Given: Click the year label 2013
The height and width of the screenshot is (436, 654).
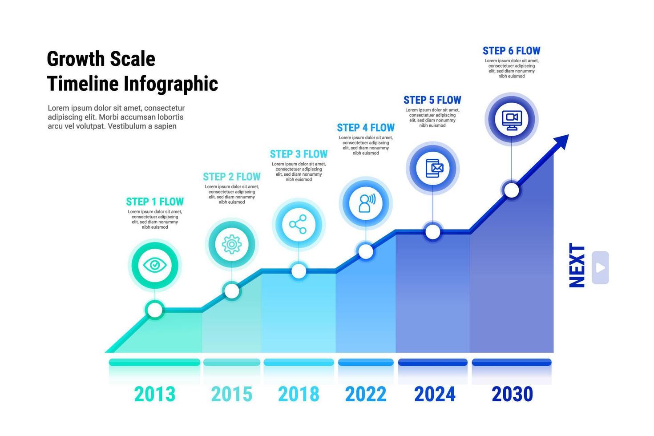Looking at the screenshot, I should coord(155,394).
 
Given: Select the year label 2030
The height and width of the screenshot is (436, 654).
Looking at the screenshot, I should coord(512,394).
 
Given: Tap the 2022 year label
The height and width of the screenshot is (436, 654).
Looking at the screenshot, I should coord(366,394).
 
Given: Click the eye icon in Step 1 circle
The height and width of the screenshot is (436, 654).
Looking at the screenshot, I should coord(155,266).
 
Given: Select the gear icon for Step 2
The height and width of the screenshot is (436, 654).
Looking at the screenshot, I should coord(231,244).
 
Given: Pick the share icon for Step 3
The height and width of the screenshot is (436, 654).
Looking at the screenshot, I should coord(298,224).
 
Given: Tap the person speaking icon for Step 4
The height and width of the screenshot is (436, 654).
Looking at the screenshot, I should coord(366,203).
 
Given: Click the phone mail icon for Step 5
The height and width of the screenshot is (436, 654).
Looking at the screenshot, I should coord(433,168).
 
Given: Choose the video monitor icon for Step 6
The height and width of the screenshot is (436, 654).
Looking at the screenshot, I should coord(512,119).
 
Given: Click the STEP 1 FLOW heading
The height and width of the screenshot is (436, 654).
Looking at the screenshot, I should coord(155,202).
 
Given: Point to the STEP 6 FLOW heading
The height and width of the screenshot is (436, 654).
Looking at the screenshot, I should coord(512,51).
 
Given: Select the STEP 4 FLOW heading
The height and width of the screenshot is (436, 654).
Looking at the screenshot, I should coord(366,128).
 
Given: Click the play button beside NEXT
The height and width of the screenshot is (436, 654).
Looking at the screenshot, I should coord(600,268).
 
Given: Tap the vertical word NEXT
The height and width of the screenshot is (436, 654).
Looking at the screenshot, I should coord(577,266).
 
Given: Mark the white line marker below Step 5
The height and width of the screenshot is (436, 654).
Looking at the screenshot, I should coord(433,232).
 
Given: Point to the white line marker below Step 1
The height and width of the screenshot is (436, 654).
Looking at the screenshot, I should coord(155,309).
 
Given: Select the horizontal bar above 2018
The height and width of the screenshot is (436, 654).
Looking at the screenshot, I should coord(299,363).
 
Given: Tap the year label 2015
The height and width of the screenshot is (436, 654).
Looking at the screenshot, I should coord(231,394).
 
